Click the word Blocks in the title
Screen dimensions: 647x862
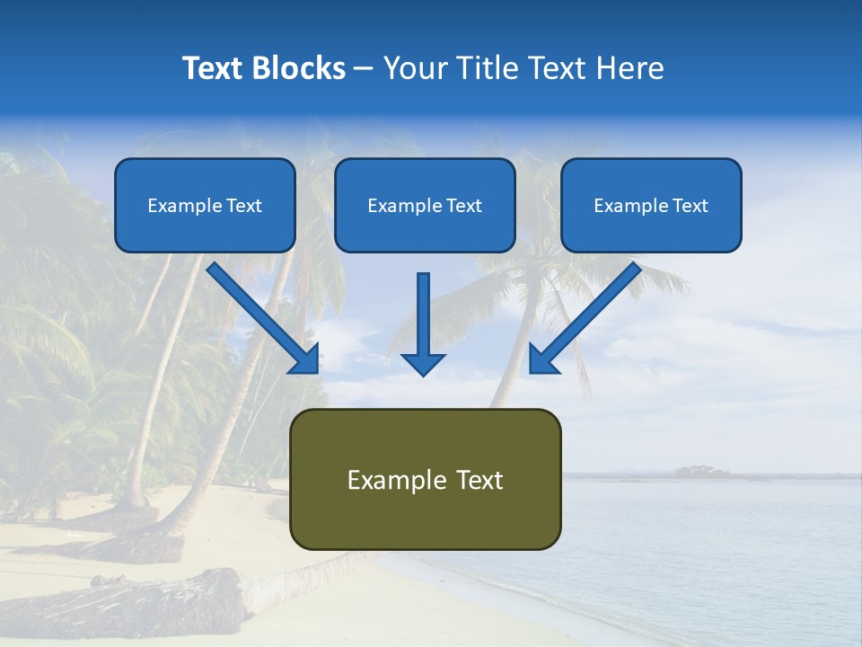point(300,68)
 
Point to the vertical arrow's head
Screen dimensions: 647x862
point(423,363)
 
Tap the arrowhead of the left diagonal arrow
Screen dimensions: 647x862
point(305,359)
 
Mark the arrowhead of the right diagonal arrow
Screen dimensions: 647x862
point(542,359)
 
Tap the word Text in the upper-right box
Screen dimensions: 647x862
point(690,206)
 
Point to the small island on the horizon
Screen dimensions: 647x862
point(701,470)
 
